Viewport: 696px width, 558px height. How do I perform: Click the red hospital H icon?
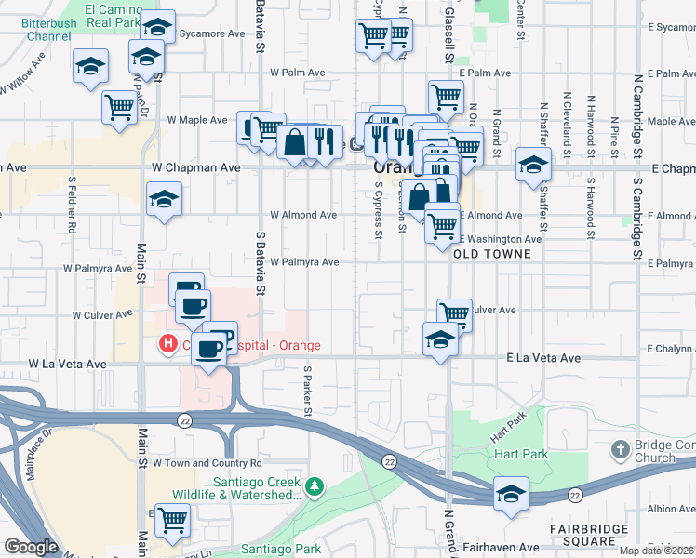tap(168, 345)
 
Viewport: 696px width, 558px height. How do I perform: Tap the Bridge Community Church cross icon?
tap(621, 451)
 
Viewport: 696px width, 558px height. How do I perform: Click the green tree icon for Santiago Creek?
tap(315, 485)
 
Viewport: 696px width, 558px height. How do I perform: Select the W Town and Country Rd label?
tap(207, 462)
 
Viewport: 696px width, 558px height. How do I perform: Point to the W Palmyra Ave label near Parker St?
tap(304, 262)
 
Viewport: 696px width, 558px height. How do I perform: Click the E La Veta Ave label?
tap(543, 357)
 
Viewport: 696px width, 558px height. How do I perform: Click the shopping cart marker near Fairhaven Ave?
tap(172, 520)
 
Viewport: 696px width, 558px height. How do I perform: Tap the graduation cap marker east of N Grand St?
tap(533, 165)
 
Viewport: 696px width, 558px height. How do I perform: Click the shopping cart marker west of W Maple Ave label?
tap(120, 106)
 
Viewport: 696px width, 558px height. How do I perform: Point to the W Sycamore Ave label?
tap(212, 33)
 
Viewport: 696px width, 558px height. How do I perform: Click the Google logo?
tap(31, 547)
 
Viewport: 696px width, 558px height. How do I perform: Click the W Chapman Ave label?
tap(196, 167)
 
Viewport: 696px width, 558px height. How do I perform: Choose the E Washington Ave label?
tap(500, 239)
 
